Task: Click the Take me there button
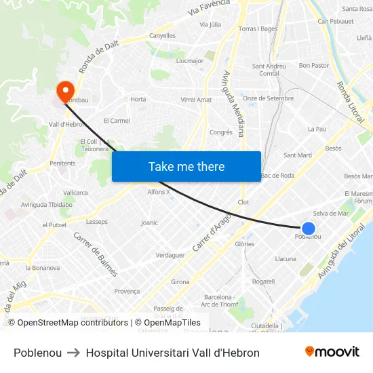point(186,167)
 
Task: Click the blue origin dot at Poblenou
point(308,229)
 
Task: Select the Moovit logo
point(332,352)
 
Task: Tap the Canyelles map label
point(162,35)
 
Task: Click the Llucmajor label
point(190,60)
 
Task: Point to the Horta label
point(138,99)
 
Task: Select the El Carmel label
point(117,121)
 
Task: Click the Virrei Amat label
point(196,100)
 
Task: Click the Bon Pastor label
point(313,66)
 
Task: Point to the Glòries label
point(244,244)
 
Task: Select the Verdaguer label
point(170,255)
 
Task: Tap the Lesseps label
point(96,222)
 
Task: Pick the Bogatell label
point(263,281)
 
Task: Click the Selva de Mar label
point(330,214)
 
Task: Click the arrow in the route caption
point(74,353)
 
